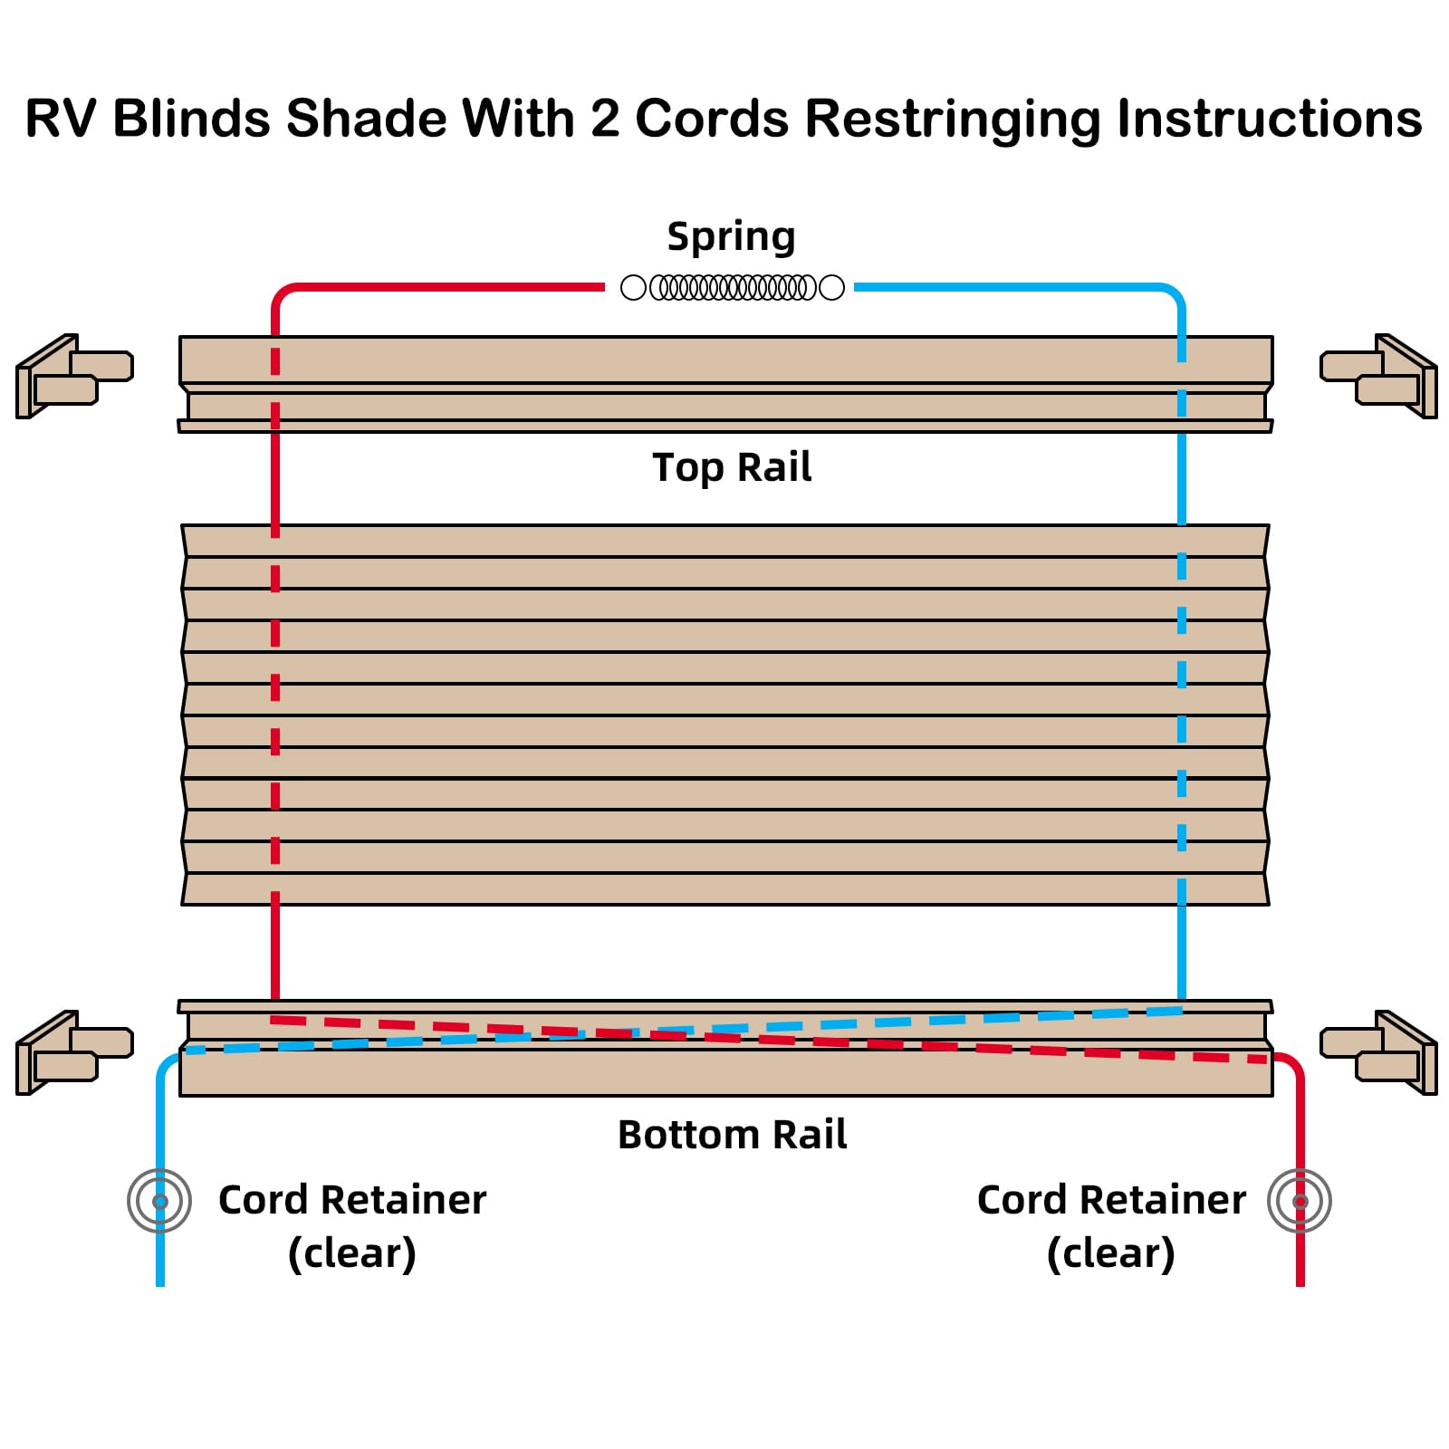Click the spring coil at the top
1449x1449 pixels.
coord(732,288)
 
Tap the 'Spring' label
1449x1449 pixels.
coord(732,237)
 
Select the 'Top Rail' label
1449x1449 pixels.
coord(732,468)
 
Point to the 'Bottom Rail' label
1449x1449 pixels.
coord(732,1135)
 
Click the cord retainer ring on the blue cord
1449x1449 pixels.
coord(160,1201)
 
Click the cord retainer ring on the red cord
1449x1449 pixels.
coord(1300,1201)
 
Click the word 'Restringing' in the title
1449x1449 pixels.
coord(952,120)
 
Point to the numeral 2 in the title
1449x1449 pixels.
coord(605,120)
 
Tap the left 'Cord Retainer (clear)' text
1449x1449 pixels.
coord(352,1226)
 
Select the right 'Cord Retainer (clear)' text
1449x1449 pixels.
coord(1111,1226)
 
